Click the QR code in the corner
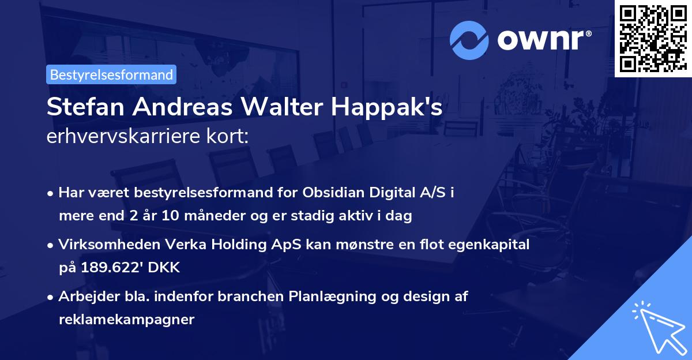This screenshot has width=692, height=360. pos(652,38)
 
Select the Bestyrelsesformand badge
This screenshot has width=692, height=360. pos(111,74)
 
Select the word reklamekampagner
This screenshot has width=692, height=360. pos(126,320)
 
